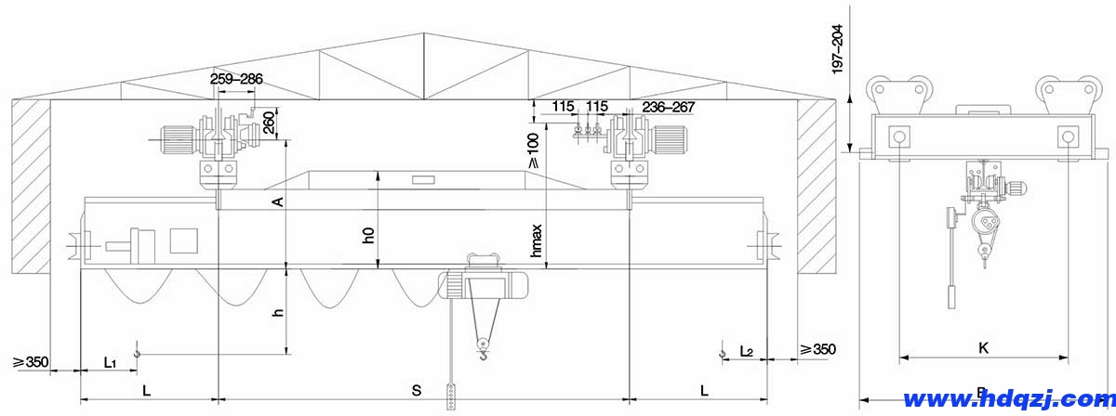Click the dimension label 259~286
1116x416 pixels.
click(235, 80)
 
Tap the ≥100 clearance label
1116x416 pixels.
click(533, 149)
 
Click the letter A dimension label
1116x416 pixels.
click(277, 201)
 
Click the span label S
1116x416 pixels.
click(416, 390)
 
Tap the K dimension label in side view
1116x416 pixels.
click(983, 348)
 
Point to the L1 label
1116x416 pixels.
click(110, 359)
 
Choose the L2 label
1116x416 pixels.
click(746, 351)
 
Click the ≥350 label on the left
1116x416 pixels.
click(31, 361)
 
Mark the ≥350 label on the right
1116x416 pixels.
click(817, 350)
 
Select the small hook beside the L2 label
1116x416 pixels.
click(723, 350)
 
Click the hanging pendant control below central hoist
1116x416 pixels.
click(451, 396)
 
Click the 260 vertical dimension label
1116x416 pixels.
click(270, 123)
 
